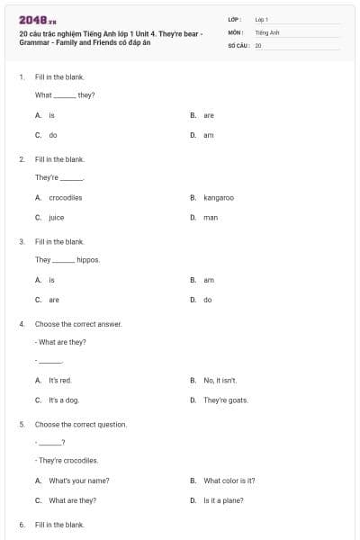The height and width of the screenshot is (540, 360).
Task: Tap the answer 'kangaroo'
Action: (218, 197)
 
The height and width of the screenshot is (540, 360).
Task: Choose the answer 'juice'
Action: (56, 217)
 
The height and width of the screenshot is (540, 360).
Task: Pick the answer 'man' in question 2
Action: (211, 217)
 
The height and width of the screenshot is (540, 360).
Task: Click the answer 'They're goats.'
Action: (225, 400)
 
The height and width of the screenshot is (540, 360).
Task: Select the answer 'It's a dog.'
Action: (64, 400)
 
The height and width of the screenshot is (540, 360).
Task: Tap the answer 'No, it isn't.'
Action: (220, 380)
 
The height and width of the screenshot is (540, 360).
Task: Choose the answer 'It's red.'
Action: (59, 380)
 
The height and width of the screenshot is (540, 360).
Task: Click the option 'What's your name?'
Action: (78, 481)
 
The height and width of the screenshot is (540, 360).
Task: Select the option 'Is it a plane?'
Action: (223, 500)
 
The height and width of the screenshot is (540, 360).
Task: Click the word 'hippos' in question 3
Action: (88, 259)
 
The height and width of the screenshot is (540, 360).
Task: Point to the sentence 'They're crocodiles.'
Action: (67, 460)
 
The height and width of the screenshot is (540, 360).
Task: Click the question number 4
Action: (22, 323)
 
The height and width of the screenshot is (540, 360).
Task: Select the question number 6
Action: (22, 524)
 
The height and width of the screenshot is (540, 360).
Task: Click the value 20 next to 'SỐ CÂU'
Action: (258, 44)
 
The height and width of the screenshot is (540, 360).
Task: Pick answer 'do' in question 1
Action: (53, 135)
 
